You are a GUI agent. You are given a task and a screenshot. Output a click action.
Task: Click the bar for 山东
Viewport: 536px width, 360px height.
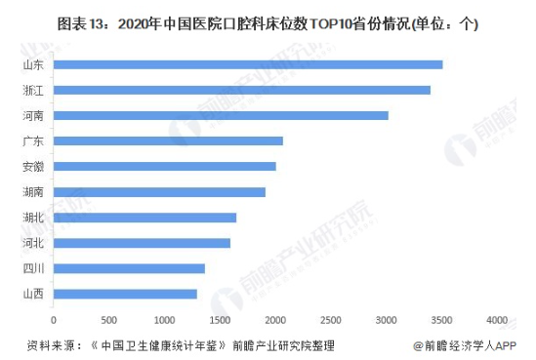click(247, 64)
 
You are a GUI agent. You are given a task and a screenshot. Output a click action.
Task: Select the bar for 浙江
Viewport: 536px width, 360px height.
click(241, 90)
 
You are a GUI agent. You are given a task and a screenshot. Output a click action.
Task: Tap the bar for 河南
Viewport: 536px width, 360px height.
click(221, 115)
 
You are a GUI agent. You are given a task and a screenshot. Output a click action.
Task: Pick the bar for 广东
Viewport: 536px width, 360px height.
click(168, 140)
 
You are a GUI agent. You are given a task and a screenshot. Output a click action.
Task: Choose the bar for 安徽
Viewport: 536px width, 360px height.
click(164, 166)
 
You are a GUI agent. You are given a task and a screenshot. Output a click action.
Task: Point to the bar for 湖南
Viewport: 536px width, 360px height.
click(159, 191)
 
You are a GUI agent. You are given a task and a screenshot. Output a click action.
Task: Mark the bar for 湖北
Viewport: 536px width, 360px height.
click(144, 218)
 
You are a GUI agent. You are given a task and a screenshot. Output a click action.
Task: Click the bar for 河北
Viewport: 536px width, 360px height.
click(142, 243)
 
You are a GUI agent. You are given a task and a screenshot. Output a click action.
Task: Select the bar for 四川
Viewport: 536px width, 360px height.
click(129, 268)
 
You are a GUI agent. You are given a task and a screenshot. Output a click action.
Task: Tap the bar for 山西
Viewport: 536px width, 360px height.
click(125, 294)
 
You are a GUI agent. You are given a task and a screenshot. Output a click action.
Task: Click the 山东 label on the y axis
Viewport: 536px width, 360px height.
click(31, 64)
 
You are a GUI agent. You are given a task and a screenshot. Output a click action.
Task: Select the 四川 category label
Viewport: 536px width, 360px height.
click(31, 268)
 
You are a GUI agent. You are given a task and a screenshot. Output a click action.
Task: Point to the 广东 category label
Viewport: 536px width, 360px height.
click(31, 140)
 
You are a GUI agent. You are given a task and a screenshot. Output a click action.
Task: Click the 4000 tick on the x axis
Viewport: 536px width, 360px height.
click(498, 319)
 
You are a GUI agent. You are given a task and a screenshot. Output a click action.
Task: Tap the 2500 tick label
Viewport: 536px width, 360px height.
click(331, 319)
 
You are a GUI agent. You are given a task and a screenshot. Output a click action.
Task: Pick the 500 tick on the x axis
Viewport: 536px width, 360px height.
click(108, 319)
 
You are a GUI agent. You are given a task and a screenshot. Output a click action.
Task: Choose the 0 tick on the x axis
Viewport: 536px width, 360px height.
click(54, 319)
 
